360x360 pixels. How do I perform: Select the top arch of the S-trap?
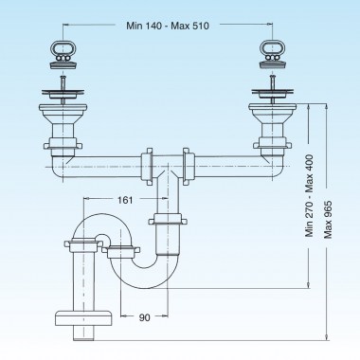(x=95, y=224)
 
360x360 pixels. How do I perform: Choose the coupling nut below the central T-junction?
(x=168, y=225)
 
